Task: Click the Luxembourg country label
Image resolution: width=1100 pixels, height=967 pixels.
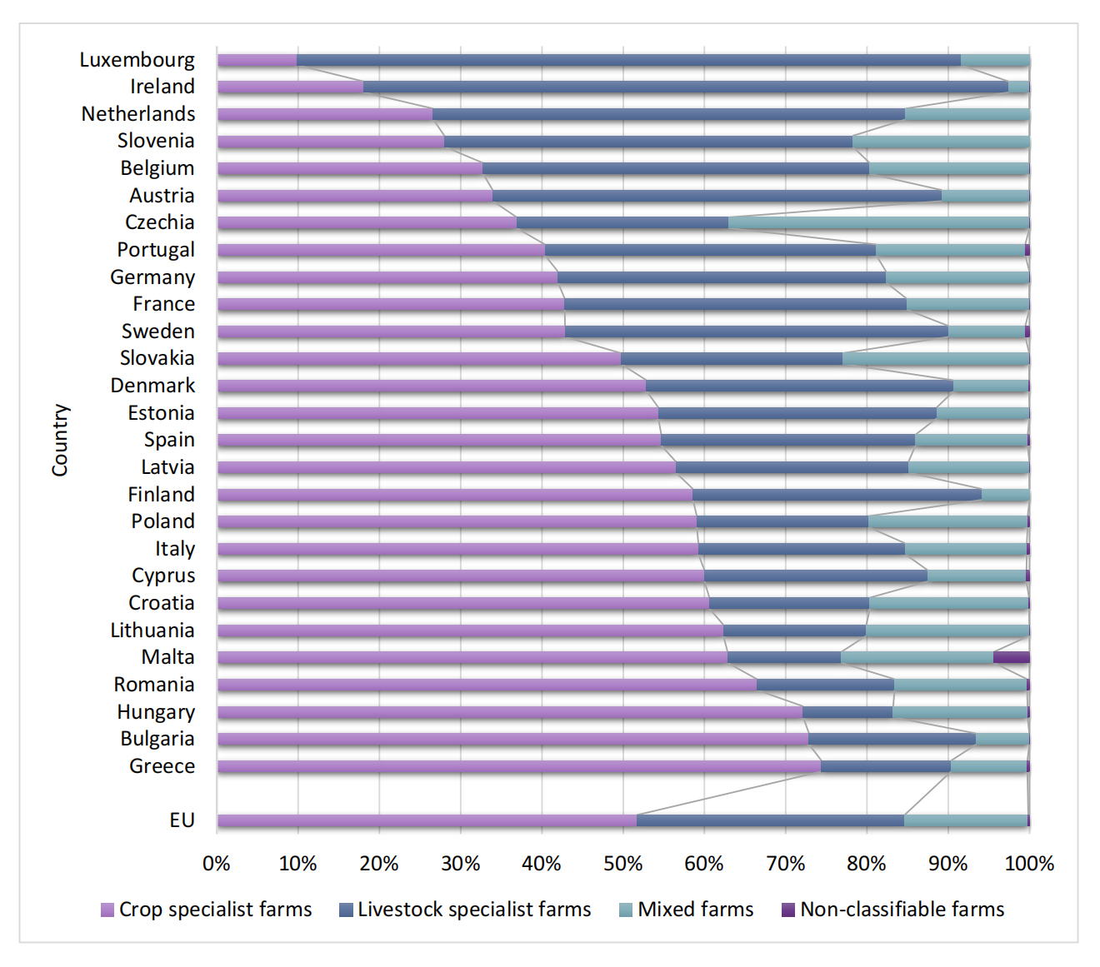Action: pyautogui.click(x=137, y=60)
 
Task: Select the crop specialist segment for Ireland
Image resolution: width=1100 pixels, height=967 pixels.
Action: pyautogui.click(x=290, y=87)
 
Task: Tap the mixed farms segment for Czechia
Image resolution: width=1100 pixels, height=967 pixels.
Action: pyautogui.click(x=878, y=222)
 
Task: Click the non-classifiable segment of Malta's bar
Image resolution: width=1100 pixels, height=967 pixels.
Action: pyautogui.click(x=1011, y=657)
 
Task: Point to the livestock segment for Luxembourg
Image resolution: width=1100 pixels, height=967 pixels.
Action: pyautogui.click(x=628, y=60)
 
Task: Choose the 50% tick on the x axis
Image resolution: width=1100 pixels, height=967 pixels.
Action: pyautogui.click(x=622, y=864)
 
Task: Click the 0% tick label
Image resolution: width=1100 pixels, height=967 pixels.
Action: pyautogui.click(x=217, y=864)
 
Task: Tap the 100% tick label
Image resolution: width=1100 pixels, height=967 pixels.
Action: pyautogui.click(x=1029, y=864)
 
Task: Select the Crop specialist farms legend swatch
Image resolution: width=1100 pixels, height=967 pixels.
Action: pyautogui.click(x=107, y=910)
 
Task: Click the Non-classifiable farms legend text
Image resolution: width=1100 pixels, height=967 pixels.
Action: pyautogui.click(x=902, y=910)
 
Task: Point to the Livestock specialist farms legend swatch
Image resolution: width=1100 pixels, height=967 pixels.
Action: pyautogui.click(x=347, y=910)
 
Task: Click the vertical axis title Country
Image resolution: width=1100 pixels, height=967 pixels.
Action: pyautogui.click(x=60, y=440)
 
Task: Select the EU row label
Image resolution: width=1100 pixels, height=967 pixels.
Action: pyautogui.click(x=182, y=820)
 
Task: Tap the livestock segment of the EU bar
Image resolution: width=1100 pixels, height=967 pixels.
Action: pyautogui.click(x=770, y=820)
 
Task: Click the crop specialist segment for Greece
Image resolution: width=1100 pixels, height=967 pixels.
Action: pyautogui.click(x=518, y=766)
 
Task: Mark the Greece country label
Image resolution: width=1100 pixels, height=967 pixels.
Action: pyautogui.click(x=162, y=766)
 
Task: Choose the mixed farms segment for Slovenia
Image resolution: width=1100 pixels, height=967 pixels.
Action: pyautogui.click(x=941, y=142)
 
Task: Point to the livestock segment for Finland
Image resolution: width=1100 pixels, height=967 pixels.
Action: pyautogui.click(x=837, y=495)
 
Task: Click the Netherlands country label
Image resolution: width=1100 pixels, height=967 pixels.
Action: pyautogui.click(x=138, y=114)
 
